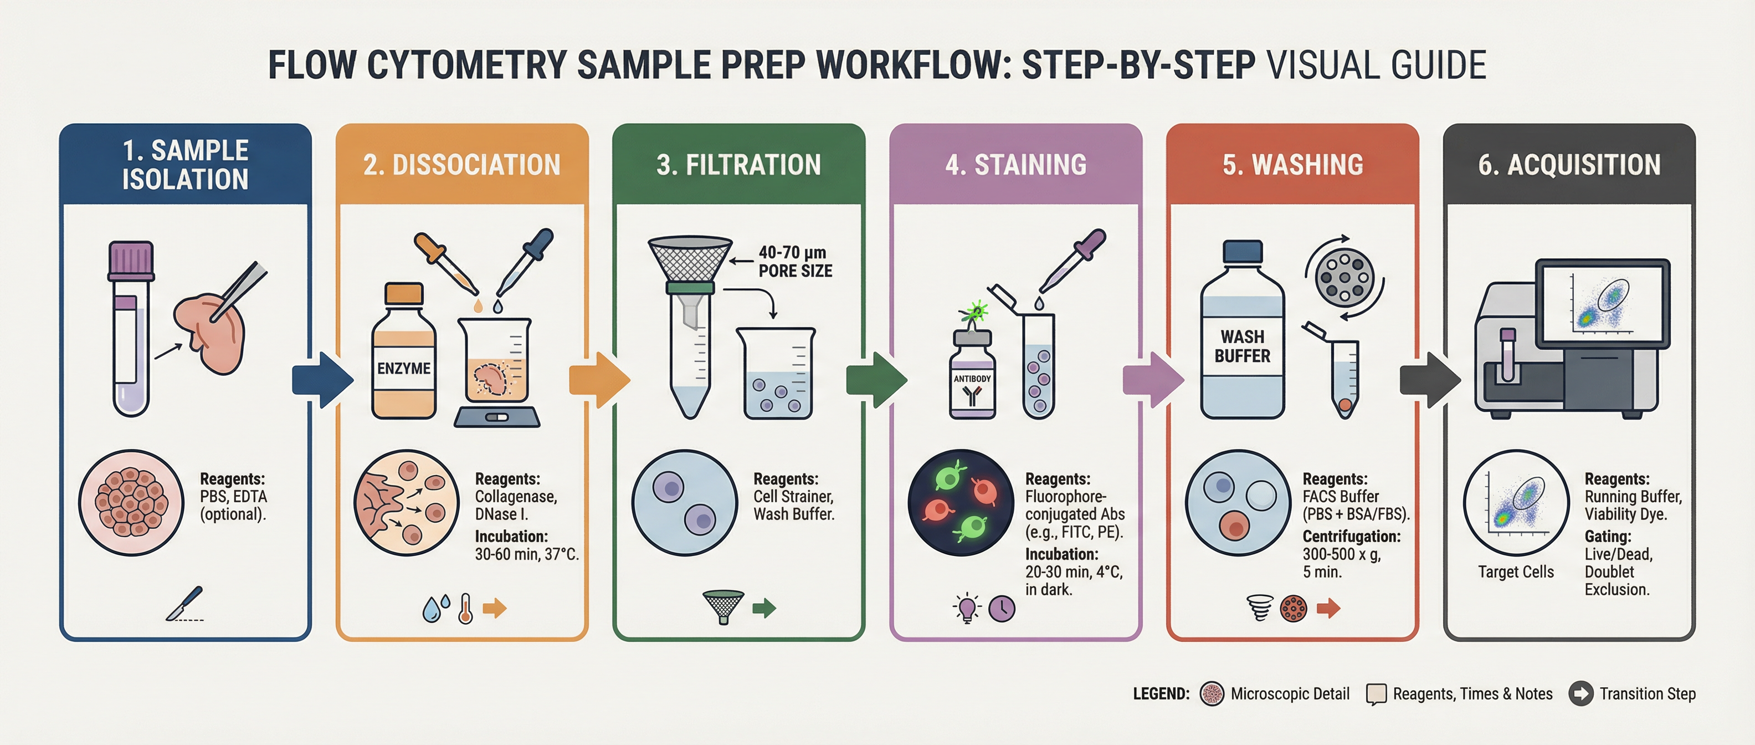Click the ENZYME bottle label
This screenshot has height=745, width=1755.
[x=404, y=368]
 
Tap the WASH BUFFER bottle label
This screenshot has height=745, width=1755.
[x=1242, y=346]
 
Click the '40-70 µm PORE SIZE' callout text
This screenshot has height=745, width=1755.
[x=795, y=262]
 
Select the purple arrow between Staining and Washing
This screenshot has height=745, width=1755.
[x=1153, y=380]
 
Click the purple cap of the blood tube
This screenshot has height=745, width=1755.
[x=131, y=261]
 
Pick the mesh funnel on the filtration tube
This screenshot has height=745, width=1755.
[x=690, y=259]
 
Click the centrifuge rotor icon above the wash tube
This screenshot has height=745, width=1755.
[x=1344, y=277]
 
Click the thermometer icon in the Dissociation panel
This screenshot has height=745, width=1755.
[x=465, y=608]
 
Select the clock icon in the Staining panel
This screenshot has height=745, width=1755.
[x=1002, y=609]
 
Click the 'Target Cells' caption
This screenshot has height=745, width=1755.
[x=1516, y=572]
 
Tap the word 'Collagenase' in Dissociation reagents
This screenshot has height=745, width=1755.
[x=516, y=497]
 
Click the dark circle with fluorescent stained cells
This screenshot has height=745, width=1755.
[x=961, y=502]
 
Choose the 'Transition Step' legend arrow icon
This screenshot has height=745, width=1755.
[x=1580, y=694]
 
